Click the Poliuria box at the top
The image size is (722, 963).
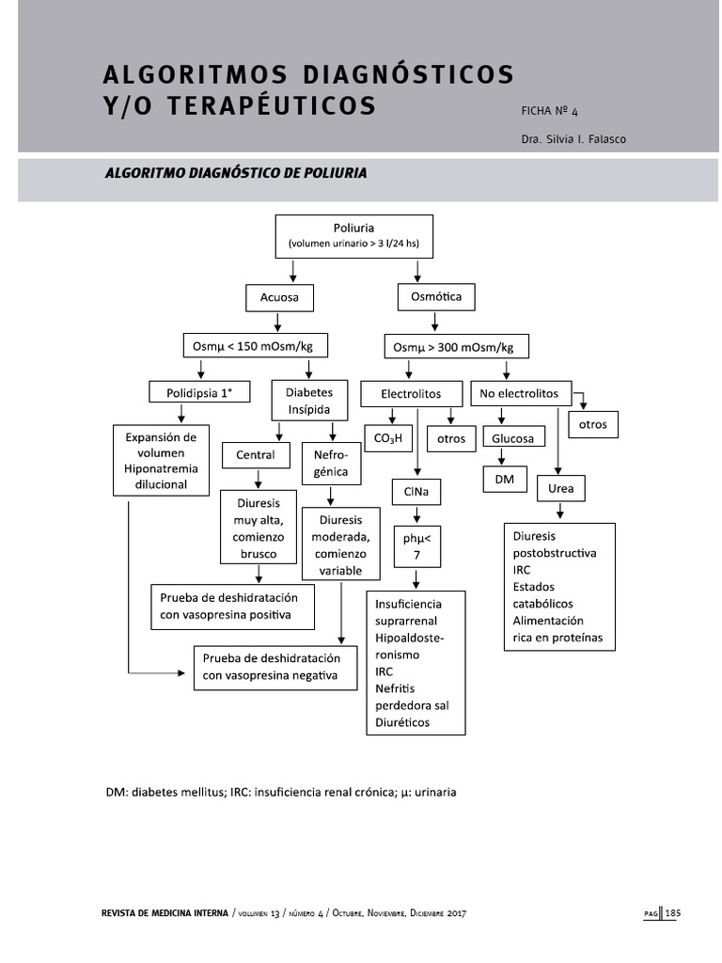pos(353,236)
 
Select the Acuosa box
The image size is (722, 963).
pos(279,298)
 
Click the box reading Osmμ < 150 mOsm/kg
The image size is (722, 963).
pos(253,347)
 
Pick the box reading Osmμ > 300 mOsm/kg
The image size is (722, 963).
pos(456,348)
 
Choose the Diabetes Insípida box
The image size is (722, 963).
pos(302,400)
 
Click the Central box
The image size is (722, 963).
pos(256,455)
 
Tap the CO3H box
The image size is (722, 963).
pos(388,438)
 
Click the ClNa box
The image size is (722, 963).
pos(416,492)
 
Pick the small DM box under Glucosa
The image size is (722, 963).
pos(505,480)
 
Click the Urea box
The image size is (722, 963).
pos(560,489)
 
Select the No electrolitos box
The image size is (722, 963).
pos(519,393)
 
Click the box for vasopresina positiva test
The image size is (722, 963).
pos(232,607)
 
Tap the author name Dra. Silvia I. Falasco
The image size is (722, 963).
pos(573,139)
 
